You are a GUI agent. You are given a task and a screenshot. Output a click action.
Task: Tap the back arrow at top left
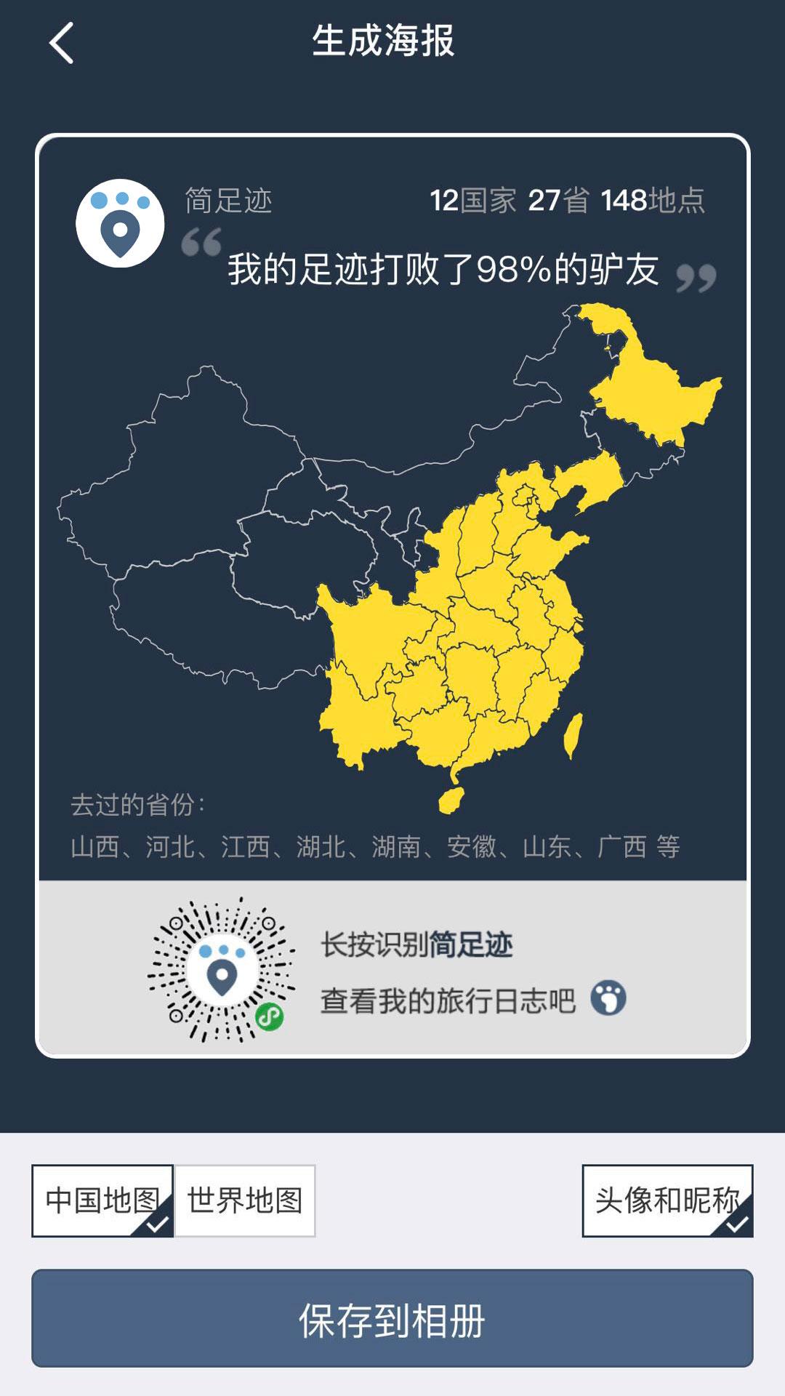point(62,43)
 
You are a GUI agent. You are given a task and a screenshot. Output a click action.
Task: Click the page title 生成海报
point(383,41)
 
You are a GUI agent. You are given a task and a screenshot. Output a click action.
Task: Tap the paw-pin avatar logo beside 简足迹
point(120,223)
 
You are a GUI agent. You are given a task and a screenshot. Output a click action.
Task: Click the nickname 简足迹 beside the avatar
point(228,201)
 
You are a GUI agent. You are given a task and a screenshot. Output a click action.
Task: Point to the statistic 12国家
point(472,201)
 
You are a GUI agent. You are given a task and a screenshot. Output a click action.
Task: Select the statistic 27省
point(558,201)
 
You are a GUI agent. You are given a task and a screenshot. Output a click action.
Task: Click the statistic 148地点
point(653,201)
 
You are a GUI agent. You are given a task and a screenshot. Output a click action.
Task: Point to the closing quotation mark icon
point(696,278)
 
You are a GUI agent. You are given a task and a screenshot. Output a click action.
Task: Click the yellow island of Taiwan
point(573,735)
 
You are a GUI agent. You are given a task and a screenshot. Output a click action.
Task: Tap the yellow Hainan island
point(451,800)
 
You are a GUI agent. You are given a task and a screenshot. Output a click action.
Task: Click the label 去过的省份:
point(138,805)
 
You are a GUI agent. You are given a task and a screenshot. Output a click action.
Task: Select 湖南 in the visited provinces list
point(396,847)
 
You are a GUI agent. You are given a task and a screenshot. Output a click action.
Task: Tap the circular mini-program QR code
point(222,970)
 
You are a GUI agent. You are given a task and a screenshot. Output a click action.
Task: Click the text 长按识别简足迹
point(416,945)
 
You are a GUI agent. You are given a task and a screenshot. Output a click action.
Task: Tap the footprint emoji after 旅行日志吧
point(608,998)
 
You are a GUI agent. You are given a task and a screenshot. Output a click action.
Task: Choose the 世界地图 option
point(245,1200)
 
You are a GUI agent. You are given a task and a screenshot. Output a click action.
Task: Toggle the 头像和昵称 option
point(667,1200)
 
